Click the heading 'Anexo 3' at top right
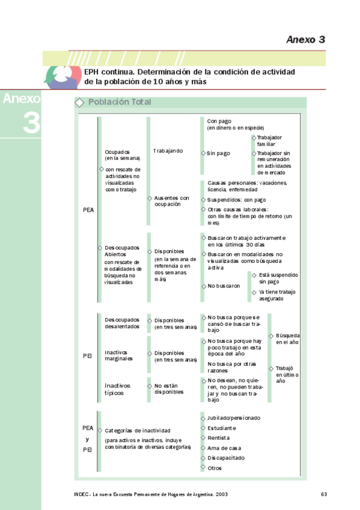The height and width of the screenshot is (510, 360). click(x=305, y=40)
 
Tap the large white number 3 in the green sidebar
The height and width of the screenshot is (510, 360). click(x=31, y=122)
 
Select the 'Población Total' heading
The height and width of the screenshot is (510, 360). click(x=120, y=102)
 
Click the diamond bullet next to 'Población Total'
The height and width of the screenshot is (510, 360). click(x=79, y=103)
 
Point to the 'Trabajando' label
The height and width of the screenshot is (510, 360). click(x=168, y=150)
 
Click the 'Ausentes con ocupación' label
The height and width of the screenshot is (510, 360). click(x=171, y=201)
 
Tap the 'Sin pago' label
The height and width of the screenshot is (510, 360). click(x=218, y=153)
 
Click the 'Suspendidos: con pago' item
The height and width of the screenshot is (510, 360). click(x=236, y=200)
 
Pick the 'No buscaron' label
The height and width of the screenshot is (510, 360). click(x=224, y=286)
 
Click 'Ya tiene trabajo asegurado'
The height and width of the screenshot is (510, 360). click(x=277, y=295)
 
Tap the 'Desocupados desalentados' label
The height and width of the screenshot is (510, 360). click(x=122, y=323)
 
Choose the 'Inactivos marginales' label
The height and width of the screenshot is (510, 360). click(x=119, y=356)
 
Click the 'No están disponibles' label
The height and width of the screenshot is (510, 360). click(x=169, y=388)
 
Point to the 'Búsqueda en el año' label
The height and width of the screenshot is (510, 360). click(x=287, y=338)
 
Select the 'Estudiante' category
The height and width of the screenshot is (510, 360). click(x=222, y=428)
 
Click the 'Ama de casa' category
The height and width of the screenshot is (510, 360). click(x=224, y=448)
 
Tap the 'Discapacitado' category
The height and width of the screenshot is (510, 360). click(x=226, y=458)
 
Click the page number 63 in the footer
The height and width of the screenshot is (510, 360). click(x=323, y=494)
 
